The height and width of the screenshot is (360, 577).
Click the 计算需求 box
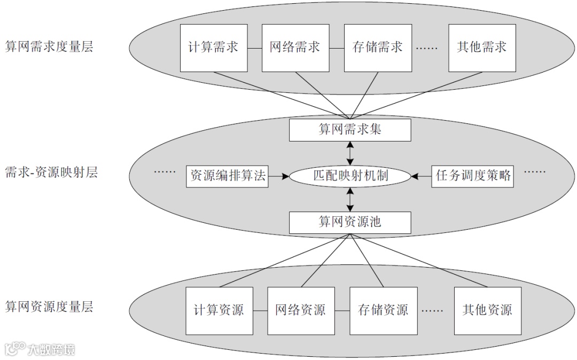point(214,47)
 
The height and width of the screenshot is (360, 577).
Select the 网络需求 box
point(295,47)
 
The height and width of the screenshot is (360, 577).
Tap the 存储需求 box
point(378,47)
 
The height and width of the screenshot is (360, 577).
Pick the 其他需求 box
point(482,47)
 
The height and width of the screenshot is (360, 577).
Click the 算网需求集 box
point(350,130)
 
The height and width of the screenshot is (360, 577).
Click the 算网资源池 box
point(350,222)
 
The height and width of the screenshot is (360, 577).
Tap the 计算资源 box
point(219,310)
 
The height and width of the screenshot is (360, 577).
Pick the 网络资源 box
point(301,310)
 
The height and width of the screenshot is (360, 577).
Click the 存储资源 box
point(383,310)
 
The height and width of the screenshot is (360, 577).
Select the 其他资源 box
point(487,310)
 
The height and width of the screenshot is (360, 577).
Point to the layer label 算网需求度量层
point(49,47)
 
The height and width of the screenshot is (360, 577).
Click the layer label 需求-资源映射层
point(51,173)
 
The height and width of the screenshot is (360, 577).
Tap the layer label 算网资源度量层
point(49,307)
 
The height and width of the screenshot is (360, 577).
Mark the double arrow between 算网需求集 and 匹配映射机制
point(350,153)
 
